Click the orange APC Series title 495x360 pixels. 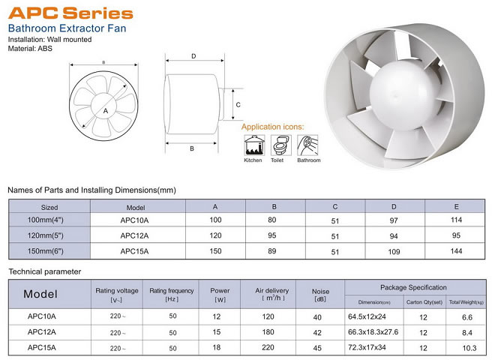tap(70, 13)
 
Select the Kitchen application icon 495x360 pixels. tap(254, 145)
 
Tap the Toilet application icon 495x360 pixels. tap(280, 145)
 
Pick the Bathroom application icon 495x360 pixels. tap(307, 145)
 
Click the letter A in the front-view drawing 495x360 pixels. tap(106, 111)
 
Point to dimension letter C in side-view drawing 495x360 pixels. tap(238, 104)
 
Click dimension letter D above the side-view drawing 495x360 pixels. tap(193, 56)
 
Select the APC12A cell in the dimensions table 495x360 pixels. tap(134, 235)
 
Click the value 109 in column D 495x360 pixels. tap(394, 252)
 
